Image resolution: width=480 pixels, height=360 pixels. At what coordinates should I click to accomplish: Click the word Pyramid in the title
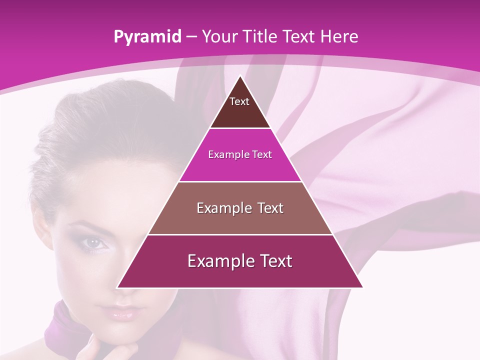[x=147, y=37]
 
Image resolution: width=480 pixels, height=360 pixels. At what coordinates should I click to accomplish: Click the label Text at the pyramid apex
[x=239, y=101]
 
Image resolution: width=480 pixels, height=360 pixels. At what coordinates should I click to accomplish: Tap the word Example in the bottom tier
[x=217, y=261]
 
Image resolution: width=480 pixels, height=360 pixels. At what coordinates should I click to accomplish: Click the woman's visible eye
[x=93, y=243]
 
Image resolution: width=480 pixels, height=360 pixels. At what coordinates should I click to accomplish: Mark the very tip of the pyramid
[x=240, y=76]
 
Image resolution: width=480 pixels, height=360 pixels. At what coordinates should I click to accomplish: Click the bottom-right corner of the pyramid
[x=362, y=287]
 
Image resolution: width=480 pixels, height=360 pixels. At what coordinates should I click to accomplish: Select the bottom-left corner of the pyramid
[x=117, y=287]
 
